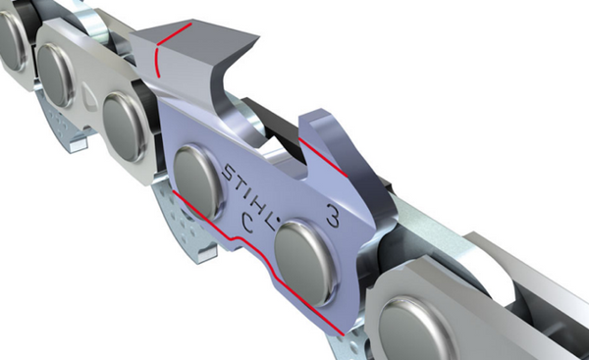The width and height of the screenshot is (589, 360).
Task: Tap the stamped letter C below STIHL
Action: [246, 224]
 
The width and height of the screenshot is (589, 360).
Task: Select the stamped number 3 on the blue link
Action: [333, 216]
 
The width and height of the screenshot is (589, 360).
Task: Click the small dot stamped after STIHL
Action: [278, 219]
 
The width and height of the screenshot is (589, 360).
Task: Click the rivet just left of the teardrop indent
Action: [56, 76]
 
